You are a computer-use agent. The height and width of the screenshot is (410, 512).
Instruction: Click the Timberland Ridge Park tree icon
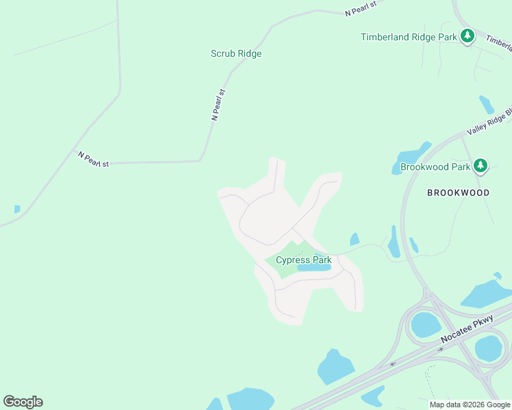point(468,36)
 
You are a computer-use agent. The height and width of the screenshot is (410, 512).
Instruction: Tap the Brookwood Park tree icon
point(481,165)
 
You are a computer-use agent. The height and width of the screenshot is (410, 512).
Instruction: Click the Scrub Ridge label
point(236,53)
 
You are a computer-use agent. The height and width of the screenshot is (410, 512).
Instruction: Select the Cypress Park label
point(303,260)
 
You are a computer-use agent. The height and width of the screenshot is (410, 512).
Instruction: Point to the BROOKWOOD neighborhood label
point(458,193)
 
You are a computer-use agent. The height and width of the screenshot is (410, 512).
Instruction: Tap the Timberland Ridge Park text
point(409,37)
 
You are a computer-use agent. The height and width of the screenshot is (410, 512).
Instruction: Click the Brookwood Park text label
point(435,167)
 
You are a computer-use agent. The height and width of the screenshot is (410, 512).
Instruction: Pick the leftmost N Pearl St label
point(93,159)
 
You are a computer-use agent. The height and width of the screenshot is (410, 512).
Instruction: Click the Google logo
point(23,402)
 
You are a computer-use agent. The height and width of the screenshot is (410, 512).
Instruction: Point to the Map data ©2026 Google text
point(470,405)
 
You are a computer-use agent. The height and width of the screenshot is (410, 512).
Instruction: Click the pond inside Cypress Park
point(314,269)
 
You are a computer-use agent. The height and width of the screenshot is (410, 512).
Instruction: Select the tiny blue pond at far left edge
point(17,209)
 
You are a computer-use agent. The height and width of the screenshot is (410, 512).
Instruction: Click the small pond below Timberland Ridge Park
point(487,105)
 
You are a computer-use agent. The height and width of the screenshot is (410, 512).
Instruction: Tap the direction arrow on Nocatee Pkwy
point(440,349)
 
